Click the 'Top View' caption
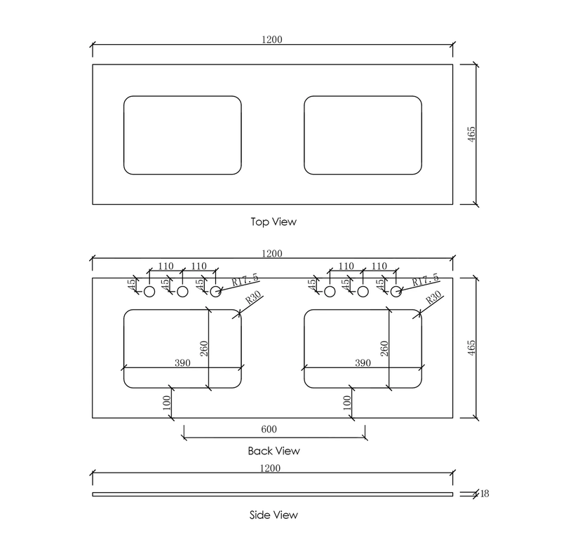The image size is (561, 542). (x=273, y=222)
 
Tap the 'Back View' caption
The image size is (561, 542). (x=273, y=451)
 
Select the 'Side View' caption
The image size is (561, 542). (x=273, y=515)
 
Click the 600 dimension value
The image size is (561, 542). (x=269, y=429)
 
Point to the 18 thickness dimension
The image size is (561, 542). (x=485, y=494)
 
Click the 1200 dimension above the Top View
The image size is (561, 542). (x=272, y=39)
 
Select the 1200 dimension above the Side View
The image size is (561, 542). (x=270, y=468)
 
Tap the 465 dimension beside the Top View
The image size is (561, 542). (x=471, y=134)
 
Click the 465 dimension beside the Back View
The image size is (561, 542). (x=471, y=348)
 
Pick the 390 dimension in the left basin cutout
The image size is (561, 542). (x=182, y=363)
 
